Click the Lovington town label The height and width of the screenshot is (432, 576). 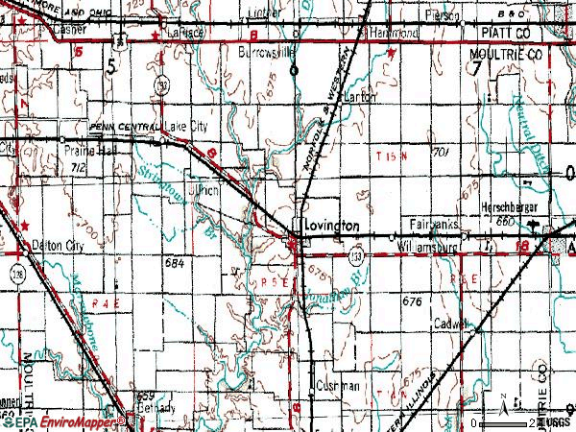[x=331, y=225]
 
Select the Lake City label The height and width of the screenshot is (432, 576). [x=186, y=127]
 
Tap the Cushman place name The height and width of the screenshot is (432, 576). [x=337, y=386]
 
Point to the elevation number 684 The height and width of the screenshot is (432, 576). [x=174, y=262]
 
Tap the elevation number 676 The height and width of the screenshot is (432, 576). [x=413, y=301]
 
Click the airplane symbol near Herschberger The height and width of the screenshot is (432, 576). [x=545, y=227]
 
